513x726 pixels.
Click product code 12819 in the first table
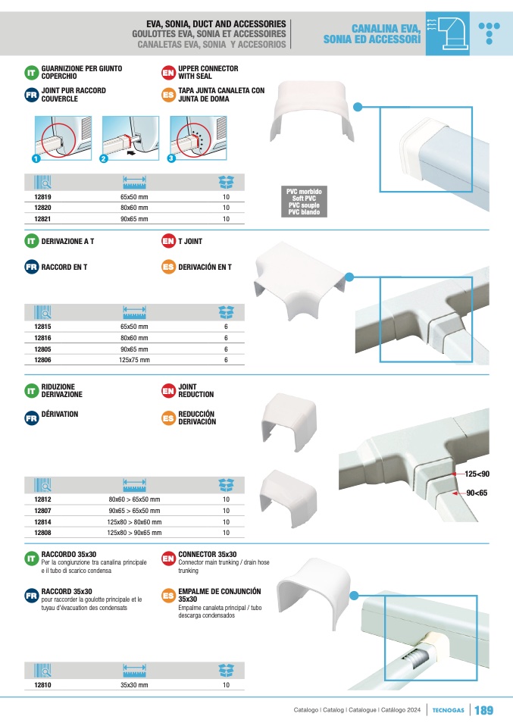point(42,196)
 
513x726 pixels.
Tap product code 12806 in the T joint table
point(42,360)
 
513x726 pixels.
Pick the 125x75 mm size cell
point(133,360)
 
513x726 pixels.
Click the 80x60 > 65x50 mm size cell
point(134,499)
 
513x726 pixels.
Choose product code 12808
point(42,533)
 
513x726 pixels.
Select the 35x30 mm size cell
point(133,685)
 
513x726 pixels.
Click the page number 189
point(483,710)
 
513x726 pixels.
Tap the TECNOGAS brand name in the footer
point(449,710)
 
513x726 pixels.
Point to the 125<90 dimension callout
point(477,474)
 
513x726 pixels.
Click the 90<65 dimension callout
point(477,493)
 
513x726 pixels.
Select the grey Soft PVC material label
point(303,202)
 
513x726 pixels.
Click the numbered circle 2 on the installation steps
point(103,158)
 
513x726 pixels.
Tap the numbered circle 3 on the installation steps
point(171,158)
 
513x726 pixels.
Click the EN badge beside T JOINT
point(169,242)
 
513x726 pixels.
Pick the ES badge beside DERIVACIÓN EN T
point(169,268)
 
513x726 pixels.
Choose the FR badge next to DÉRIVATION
point(32,417)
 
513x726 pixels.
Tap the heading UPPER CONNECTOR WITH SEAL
point(197,73)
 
